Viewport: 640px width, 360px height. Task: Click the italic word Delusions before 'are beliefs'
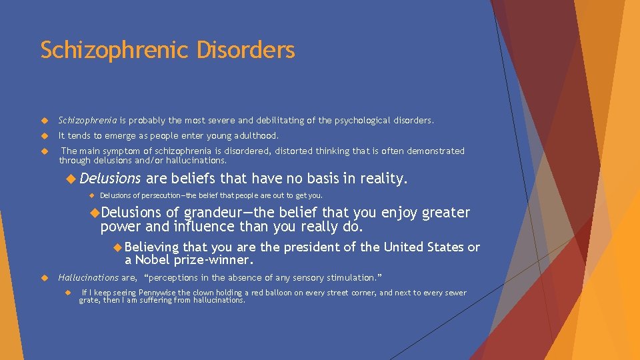tap(110, 179)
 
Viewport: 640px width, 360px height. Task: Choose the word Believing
tap(151, 247)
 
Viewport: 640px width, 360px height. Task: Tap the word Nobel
tap(153, 260)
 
